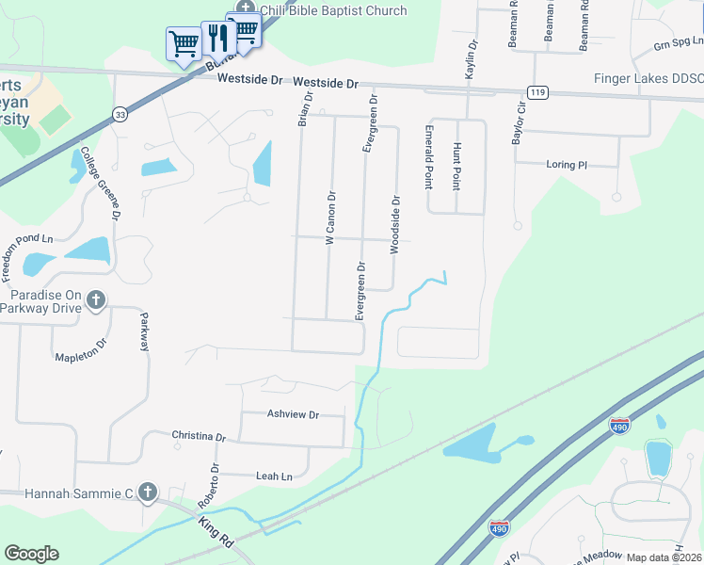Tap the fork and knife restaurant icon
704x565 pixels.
click(216, 38)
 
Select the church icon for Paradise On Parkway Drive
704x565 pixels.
click(95, 300)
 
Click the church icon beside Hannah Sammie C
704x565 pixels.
click(147, 492)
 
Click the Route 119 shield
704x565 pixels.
click(537, 92)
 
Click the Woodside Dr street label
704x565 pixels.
click(395, 225)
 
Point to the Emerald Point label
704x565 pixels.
click(428, 155)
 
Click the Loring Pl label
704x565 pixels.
click(567, 165)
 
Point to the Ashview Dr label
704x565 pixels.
click(293, 414)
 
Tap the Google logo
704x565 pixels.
click(31, 554)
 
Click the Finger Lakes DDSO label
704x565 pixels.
click(648, 78)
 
